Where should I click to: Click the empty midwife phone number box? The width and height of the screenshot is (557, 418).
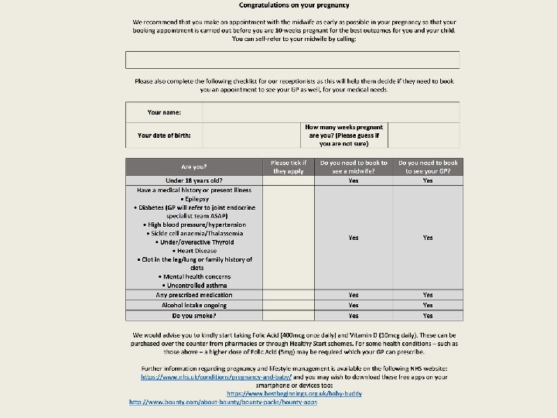tap(292, 60)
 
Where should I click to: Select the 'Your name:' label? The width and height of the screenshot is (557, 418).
tap(164, 112)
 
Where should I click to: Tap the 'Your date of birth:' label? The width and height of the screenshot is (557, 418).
tap(164, 135)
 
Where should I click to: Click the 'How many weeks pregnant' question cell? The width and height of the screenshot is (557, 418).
tap(344, 135)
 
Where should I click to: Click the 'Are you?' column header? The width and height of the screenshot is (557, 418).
tap(194, 166)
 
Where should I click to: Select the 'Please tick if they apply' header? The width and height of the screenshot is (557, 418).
tap(289, 166)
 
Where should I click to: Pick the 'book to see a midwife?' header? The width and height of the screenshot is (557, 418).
tap(354, 166)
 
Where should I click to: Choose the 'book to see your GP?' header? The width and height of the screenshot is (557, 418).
tap(428, 166)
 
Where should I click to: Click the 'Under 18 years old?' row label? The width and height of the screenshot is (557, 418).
tap(194, 180)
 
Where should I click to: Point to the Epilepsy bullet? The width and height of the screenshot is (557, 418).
tap(195, 199)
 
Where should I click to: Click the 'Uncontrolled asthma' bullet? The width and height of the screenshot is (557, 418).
tap(195, 286)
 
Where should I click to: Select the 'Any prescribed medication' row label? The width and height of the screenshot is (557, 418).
tap(194, 295)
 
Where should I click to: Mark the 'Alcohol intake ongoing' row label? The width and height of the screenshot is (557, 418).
tap(194, 305)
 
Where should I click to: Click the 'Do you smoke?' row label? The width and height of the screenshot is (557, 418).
tap(194, 316)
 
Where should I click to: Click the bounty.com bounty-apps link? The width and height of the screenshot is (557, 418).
tap(223, 403)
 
